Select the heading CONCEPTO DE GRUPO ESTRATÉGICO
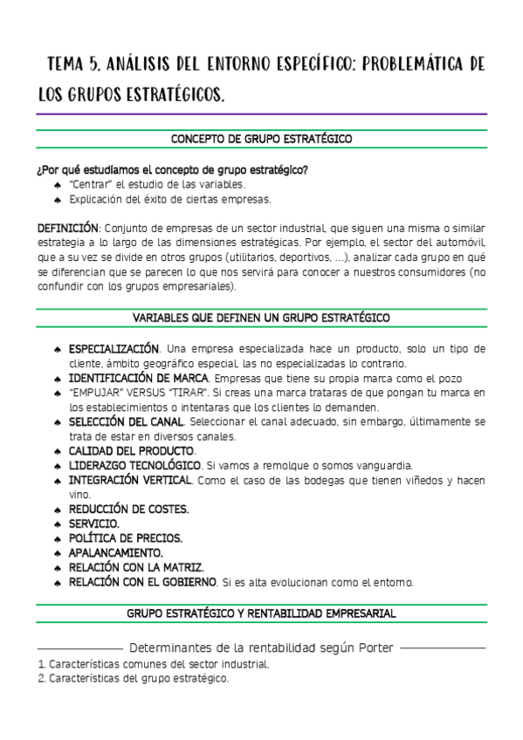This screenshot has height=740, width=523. coord(261,139)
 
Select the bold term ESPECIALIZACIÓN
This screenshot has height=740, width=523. coord(114,349)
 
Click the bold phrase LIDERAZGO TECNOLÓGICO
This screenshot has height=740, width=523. coord(134,466)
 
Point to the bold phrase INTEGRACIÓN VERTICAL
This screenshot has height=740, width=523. coord(132,480)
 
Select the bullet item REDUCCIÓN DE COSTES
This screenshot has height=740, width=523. coord(128,509)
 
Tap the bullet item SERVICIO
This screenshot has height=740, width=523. coord(93,524)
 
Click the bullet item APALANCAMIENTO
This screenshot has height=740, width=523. coord(115,552)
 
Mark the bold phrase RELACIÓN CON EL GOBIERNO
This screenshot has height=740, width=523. coord(142,581)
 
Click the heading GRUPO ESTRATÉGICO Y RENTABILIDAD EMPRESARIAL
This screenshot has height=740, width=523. coord(261,613)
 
